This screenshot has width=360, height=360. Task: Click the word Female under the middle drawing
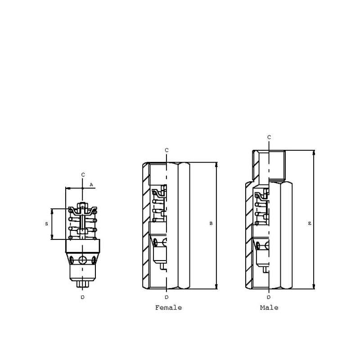(168, 307)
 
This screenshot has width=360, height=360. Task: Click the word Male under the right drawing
(269, 307)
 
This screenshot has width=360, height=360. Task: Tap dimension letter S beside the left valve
(47, 224)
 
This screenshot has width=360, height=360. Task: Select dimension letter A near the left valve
(91, 184)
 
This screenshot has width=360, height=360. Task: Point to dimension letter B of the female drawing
(211, 223)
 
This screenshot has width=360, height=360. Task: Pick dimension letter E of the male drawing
(310, 223)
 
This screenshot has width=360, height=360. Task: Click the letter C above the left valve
(83, 175)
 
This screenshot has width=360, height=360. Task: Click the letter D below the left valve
(83, 297)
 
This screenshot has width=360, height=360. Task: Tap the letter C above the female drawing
(166, 150)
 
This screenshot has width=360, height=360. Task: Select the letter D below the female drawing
(166, 297)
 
